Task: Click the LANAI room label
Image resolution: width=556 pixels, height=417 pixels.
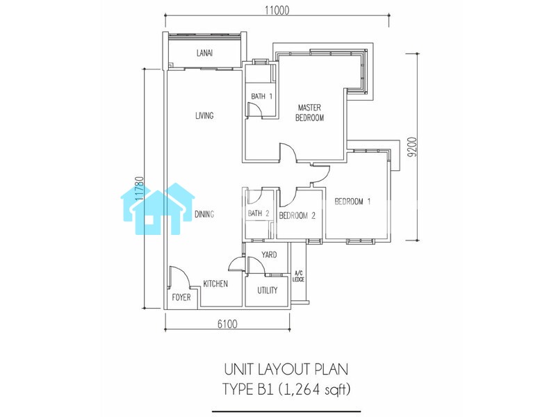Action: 204,54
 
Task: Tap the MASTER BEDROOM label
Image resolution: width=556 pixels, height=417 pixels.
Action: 309,113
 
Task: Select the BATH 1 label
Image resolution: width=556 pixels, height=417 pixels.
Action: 262,96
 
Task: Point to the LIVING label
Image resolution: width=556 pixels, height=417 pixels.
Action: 204,115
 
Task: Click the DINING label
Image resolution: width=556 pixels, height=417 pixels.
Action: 204,214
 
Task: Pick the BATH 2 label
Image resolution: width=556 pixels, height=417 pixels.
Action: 259,213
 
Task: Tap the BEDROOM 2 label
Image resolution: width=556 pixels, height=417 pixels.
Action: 297,215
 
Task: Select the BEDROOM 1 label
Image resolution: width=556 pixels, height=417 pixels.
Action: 353,202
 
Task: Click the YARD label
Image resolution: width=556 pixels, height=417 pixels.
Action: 269,254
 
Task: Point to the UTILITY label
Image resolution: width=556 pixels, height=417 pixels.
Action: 268,291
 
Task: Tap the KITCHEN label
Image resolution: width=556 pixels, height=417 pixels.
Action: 215,284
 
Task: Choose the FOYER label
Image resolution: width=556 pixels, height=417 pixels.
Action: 181,297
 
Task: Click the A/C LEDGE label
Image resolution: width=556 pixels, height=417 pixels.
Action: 298,276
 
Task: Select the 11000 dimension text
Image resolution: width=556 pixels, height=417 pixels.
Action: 277,10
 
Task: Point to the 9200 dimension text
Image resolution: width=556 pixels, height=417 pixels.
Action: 412,147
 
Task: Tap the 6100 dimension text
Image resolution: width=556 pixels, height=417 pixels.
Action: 227,324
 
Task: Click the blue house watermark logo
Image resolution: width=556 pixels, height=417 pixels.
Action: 158,209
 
